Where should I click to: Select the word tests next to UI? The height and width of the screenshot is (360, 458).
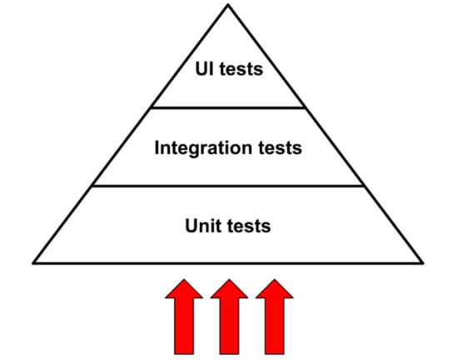(x=241, y=69)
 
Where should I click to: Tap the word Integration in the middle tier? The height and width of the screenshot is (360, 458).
(x=203, y=148)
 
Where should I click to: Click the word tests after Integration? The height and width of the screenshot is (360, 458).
(x=280, y=148)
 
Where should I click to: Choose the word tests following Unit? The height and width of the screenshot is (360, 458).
(x=249, y=227)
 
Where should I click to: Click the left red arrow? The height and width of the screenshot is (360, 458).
(x=184, y=317)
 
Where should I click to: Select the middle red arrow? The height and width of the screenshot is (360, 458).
(x=229, y=317)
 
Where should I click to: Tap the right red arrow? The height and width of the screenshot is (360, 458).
(x=275, y=317)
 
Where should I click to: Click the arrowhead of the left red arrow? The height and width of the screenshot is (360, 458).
(x=184, y=289)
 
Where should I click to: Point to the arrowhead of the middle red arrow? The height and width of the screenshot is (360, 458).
(x=229, y=289)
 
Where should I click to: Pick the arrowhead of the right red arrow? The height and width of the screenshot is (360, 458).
(x=275, y=289)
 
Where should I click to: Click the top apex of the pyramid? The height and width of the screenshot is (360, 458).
(x=228, y=5)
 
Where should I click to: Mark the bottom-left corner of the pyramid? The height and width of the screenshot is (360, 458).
(x=33, y=263)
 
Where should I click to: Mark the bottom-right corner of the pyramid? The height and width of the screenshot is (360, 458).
(x=422, y=263)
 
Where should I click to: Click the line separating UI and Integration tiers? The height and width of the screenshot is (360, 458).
(x=228, y=107)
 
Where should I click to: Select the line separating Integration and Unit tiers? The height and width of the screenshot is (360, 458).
(x=228, y=186)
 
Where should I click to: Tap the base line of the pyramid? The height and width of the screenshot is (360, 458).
(x=228, y=263)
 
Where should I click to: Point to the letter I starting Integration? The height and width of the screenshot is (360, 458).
(x=157, y=147)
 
